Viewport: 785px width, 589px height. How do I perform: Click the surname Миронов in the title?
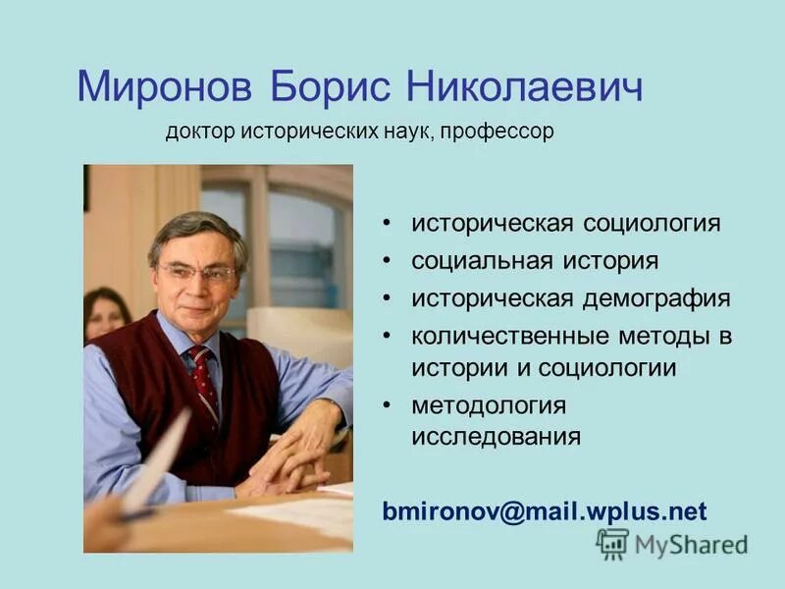tap(161, 87)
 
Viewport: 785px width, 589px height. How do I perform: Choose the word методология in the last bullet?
tap(489, 404)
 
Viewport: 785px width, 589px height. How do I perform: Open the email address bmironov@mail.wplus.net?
tap(545, 511)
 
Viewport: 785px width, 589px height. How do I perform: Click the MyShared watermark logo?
tap(671, 544)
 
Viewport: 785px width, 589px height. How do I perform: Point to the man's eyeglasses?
tap(199, 271)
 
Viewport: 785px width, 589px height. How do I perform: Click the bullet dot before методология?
tap(390, 405)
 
